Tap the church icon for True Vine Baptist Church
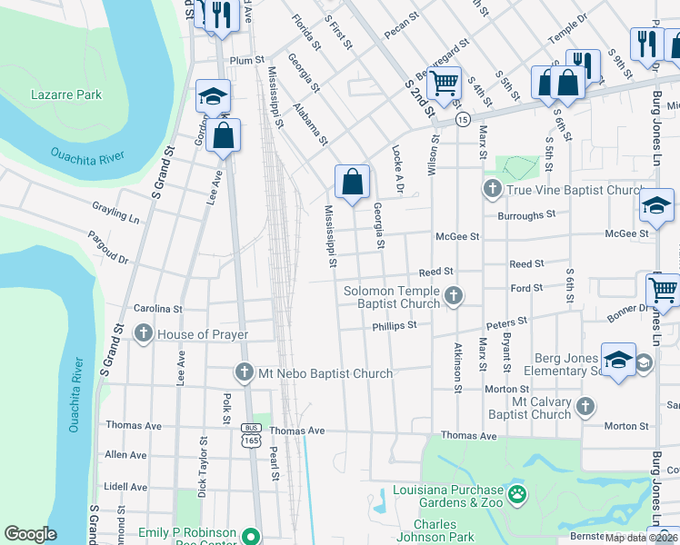492,190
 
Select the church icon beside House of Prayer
143,335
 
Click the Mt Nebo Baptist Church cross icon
243,372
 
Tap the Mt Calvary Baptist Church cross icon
585,406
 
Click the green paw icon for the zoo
516,495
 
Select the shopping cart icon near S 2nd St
445,84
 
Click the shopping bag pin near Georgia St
352,182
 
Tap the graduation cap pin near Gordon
213,96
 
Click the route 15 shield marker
463,120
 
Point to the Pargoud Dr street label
108,248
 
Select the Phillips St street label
394,325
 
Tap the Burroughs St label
525,215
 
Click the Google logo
30,534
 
